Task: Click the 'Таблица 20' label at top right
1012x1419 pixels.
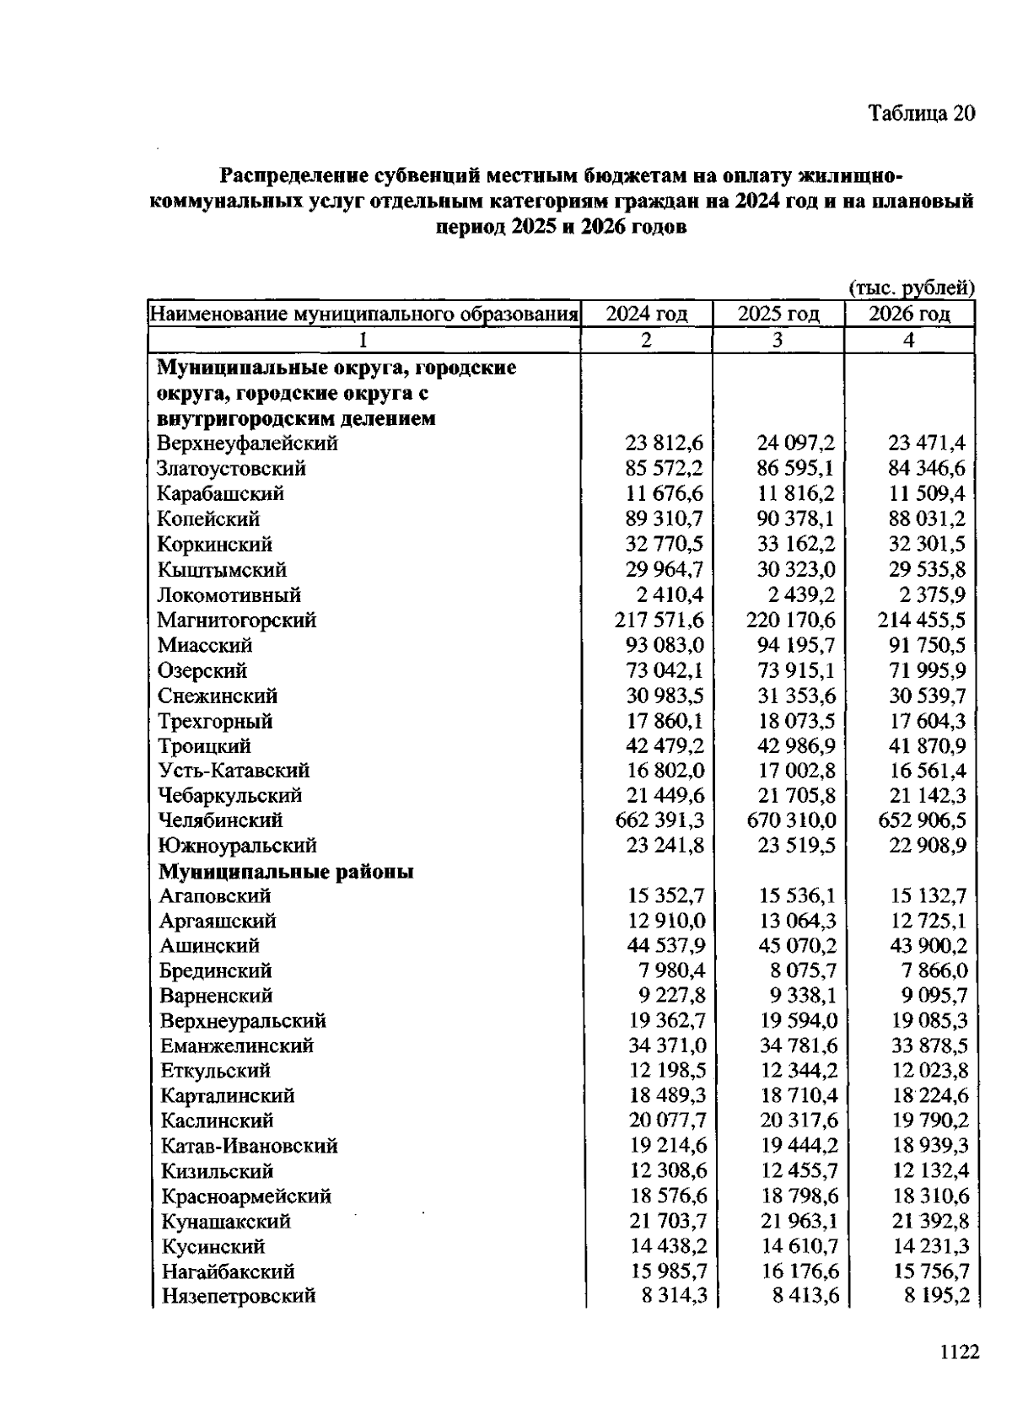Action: [922, 114]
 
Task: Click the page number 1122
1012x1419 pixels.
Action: [958, 1352]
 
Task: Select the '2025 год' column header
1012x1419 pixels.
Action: [778, 314]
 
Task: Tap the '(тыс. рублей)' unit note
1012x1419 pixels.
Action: [911, 288]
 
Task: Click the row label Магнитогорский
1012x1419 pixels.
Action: [236, 621]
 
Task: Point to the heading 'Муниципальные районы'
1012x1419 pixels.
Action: [286, 871]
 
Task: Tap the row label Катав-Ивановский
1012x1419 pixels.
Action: [249, 1146]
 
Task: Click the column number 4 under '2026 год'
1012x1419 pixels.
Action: [908, 340]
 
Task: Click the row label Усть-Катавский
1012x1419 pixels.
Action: [234, 771]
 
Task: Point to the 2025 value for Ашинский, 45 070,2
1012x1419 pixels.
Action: [797, 946]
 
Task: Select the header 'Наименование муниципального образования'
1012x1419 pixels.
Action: [363, 314]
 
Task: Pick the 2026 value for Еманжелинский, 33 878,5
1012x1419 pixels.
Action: [929, 1046]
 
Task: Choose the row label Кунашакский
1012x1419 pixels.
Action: [225, 1221]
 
